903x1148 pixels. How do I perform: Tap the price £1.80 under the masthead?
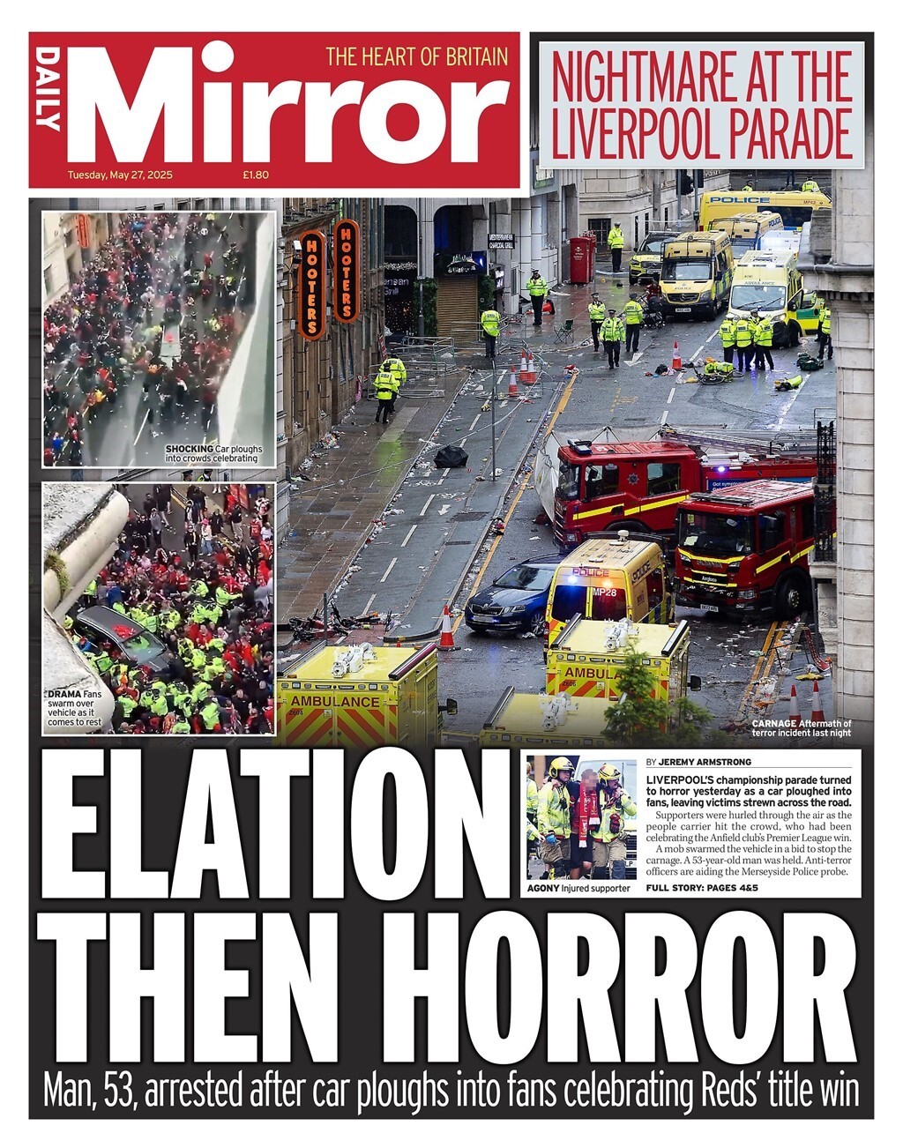pyautogui.click(x=256, y=175)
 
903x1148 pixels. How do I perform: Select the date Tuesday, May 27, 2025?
pyautogui.click(x=120, y=175)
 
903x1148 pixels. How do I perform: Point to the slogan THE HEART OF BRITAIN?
pyautogui.click(x=417, y=56)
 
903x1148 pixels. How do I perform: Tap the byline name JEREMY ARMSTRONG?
pyautogui.click(x=705, y=762)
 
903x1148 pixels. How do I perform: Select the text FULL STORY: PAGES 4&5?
pyautogui.click(x=702, y=888)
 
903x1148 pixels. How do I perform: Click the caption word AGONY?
pyautogui.click(x=543, y=889)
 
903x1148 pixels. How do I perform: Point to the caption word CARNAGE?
pyautogui.click(x=774, y=724)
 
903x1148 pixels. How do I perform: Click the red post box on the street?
pyautogui.click(x=580, y=259)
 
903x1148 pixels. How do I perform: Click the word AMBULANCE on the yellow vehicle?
pyautogui.click(x=335, y=701)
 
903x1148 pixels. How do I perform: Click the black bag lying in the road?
pyautogui.click(x=451, y=456)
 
